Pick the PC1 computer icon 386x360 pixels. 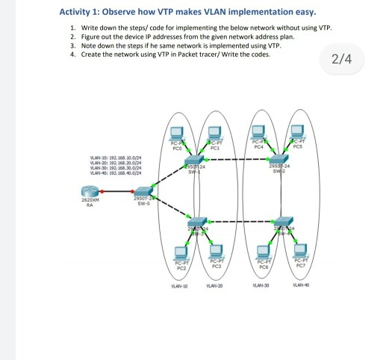click(215, 134)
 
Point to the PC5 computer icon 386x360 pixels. click(297, 134)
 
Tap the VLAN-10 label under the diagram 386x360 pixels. click(180, 286)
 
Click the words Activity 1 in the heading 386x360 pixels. click(83, 13)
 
